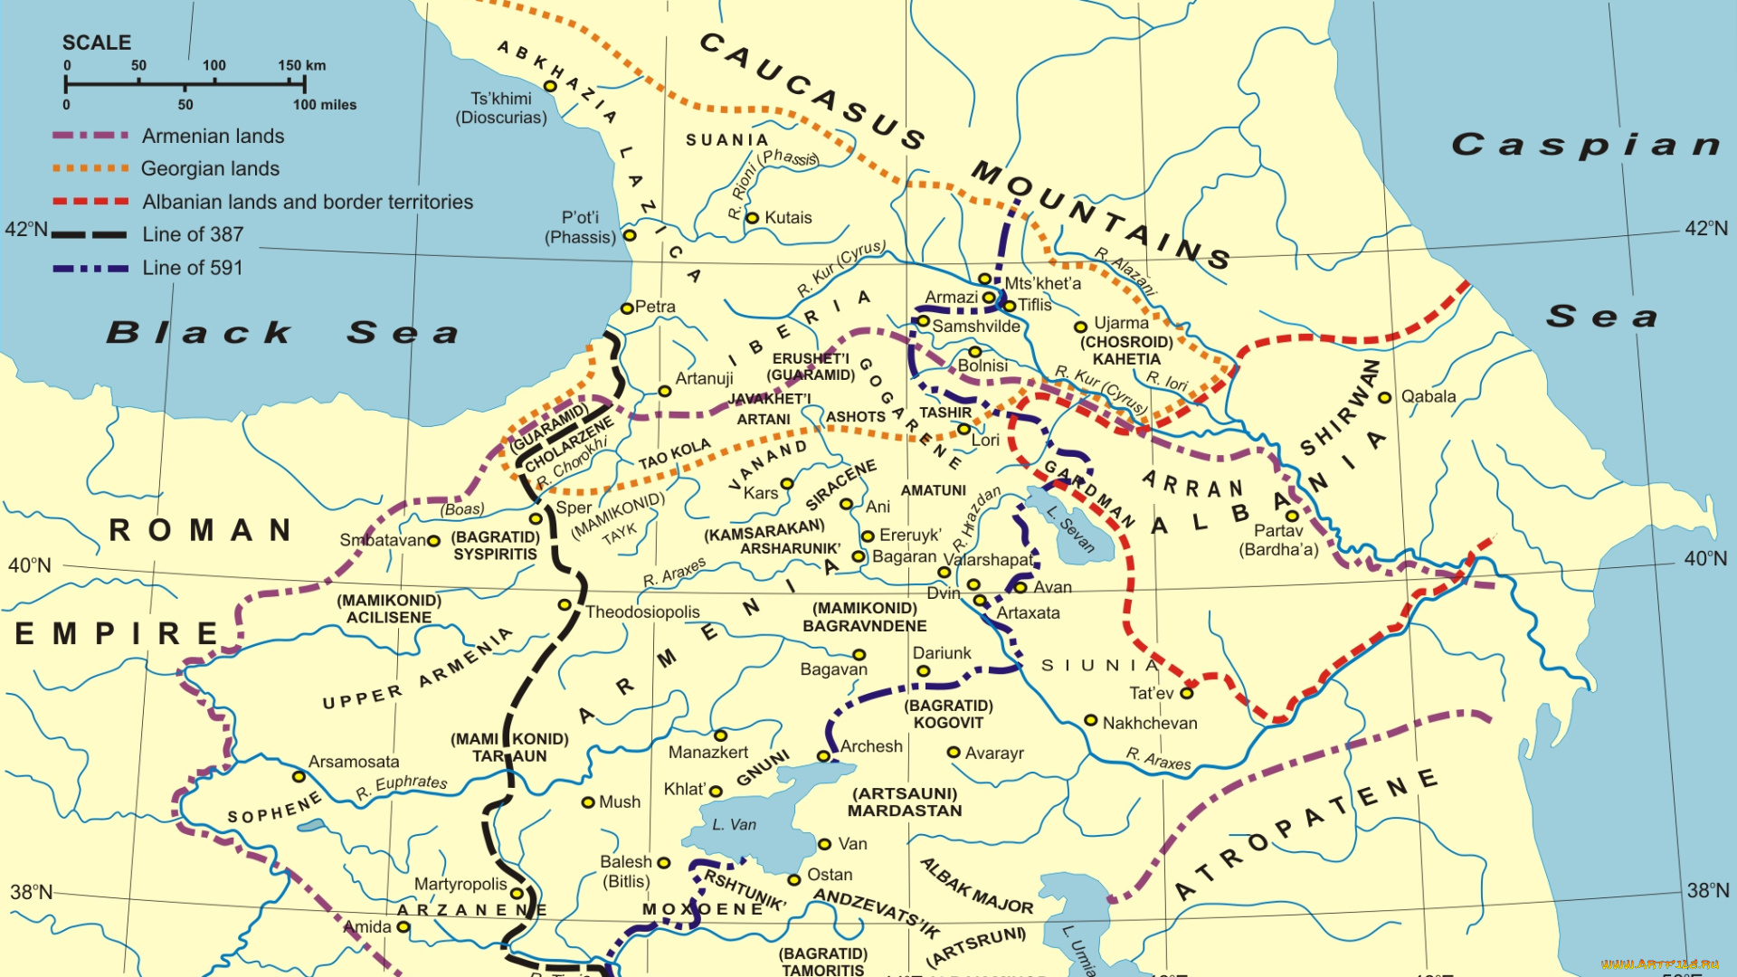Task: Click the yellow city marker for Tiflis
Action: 1010,306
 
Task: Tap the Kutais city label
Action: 788,217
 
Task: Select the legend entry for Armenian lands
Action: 213,136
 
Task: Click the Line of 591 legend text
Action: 192,268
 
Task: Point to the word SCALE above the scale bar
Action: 97,43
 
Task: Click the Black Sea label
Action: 282,332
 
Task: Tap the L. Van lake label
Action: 734,824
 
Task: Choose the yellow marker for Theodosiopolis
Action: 565,604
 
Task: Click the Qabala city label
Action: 1429,396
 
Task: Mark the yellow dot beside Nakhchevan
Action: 1091,720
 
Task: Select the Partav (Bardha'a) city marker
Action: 1292,516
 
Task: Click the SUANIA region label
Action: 727,139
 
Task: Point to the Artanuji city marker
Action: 664,391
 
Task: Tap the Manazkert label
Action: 708,752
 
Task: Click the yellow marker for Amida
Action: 403,926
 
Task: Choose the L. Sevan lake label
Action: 1071,529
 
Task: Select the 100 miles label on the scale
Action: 325,105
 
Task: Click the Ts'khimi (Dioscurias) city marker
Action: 549,86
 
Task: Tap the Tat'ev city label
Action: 1151,693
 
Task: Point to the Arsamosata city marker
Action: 299,777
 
